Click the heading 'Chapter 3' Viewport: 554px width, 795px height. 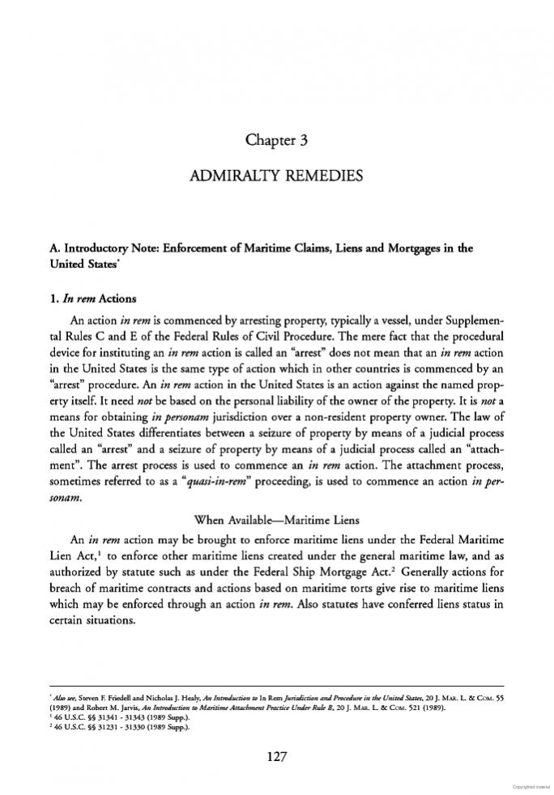276,141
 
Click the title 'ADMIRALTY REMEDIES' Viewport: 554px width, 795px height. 276,175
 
